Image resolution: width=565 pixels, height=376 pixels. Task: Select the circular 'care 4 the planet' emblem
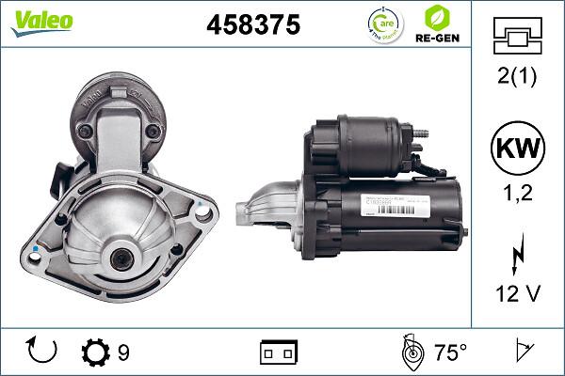(378, 23)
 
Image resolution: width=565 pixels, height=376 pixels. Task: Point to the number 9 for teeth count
(123, 352)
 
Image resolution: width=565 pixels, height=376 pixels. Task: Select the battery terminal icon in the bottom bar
(278, 352)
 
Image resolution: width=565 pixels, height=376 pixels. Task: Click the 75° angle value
(450, 352)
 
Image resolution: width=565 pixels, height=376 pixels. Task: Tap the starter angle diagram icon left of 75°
(411, 352)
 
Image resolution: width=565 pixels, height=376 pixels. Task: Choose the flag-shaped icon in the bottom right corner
(523, 352)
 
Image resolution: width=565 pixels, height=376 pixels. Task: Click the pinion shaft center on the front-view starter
(121, 259)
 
